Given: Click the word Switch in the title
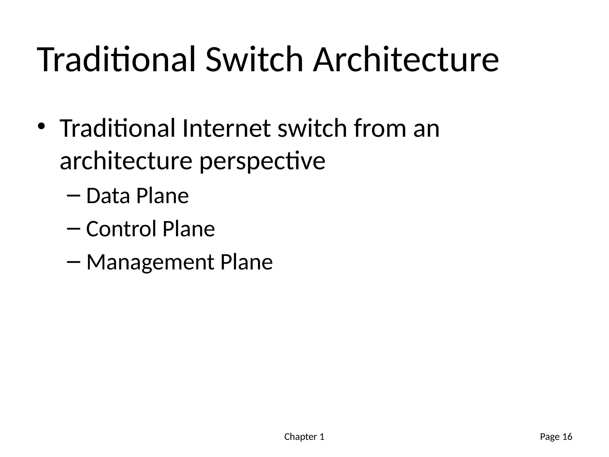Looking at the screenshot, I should click(254, 59).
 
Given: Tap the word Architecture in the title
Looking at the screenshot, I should click(406, 59).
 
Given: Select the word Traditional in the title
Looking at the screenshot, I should click(116, 59).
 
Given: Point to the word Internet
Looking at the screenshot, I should click(226, 128).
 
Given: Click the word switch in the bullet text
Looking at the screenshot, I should click(312, 128).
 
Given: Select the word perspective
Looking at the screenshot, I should click(262, 162).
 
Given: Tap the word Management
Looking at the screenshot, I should click(150, 262).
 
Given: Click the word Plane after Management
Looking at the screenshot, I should click(246, 262).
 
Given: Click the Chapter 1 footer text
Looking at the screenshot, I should click(304, 437).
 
